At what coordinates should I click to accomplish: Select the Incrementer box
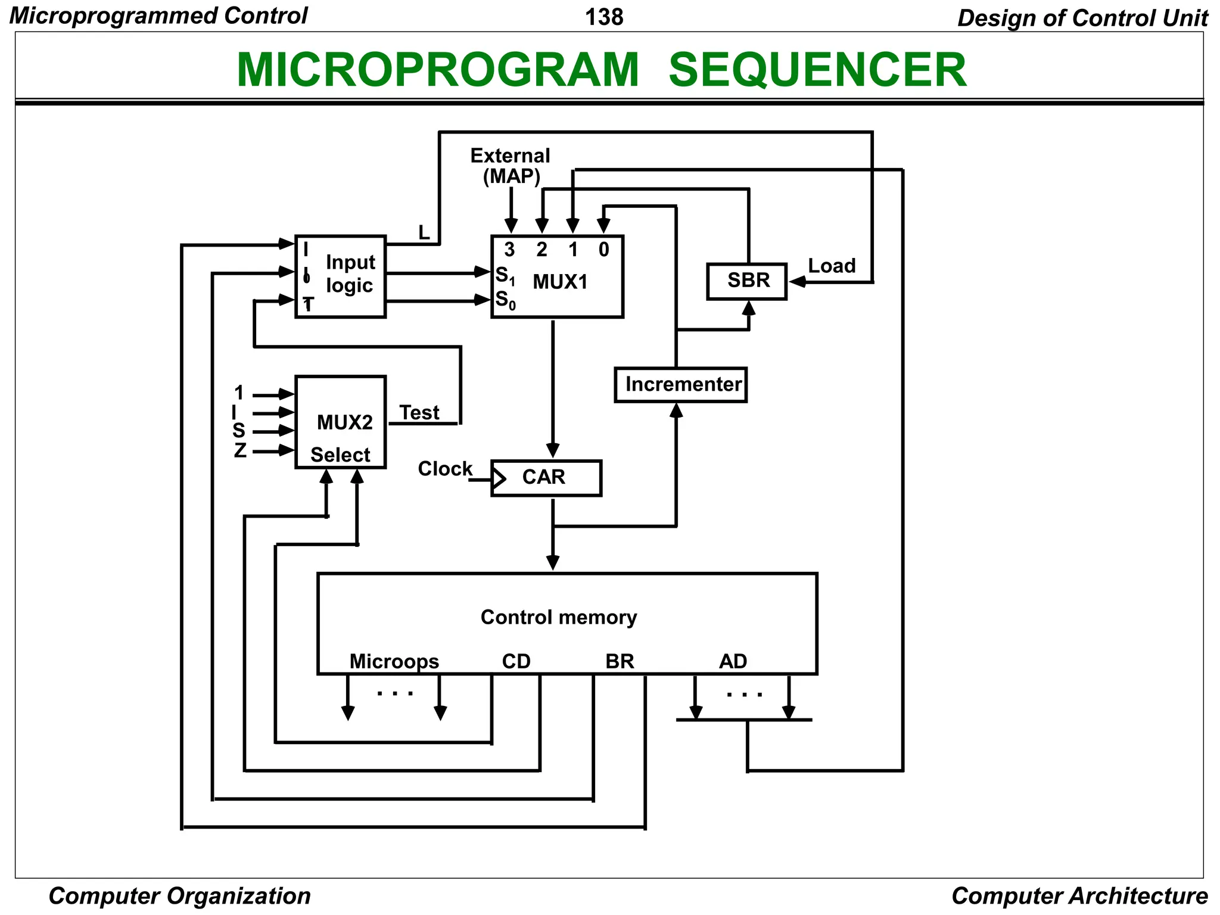[680, 385]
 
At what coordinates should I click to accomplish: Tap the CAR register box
[546, 478]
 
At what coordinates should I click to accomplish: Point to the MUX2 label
[344, 422]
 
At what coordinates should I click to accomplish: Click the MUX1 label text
[560, 282]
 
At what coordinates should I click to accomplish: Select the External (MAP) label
[511, 166]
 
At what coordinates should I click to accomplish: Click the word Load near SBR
[832, 266]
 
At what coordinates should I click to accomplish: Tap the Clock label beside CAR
[444, 469]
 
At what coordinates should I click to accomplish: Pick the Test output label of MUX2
[419, 413]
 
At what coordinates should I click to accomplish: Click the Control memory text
[558, 617]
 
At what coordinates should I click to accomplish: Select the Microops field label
[394, 661]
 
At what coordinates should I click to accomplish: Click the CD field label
[516, 661]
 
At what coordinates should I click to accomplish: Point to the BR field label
[620, 661]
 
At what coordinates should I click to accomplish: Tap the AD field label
[733, 661]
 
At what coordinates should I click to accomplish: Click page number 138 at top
[604, 17]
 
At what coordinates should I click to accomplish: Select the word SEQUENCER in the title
[817, 70]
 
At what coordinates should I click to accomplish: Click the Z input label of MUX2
[240, 450]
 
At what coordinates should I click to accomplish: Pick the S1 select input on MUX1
[505, 276]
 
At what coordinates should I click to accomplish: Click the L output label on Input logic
[424, 233]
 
